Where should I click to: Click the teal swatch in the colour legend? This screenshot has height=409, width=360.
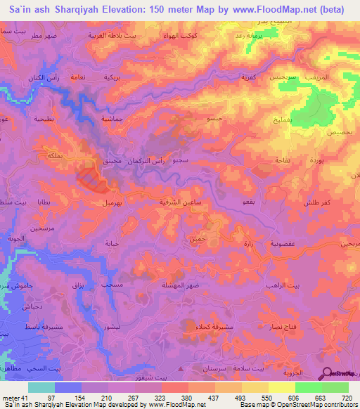pyautogui.click(x=41, y=387)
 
